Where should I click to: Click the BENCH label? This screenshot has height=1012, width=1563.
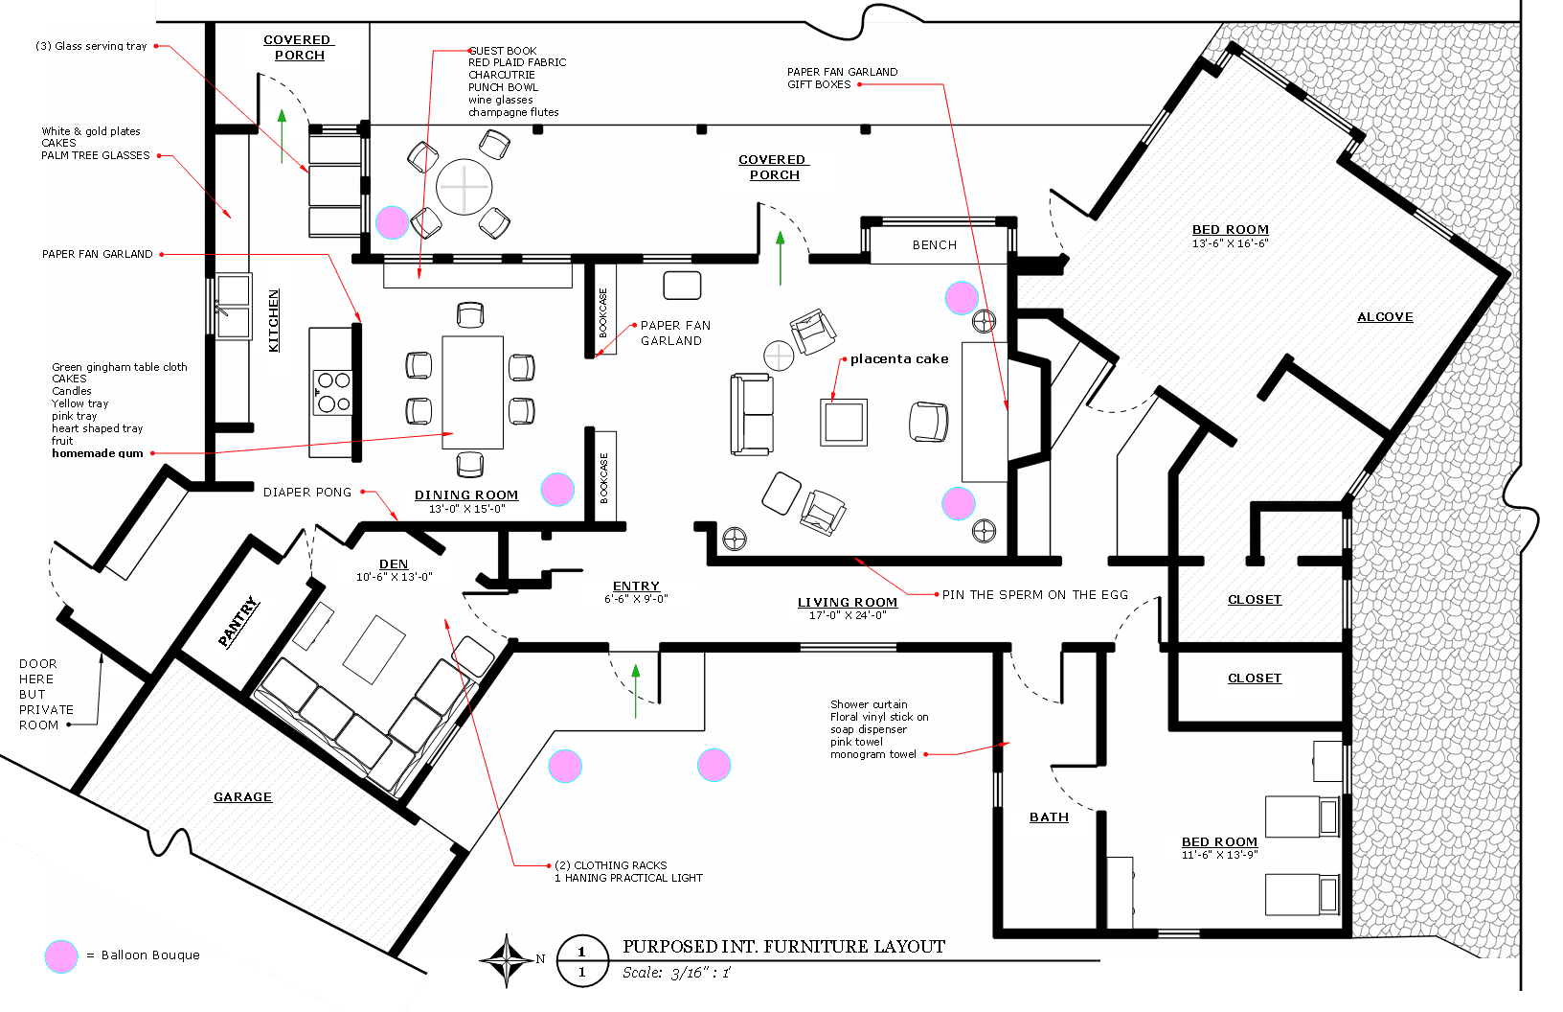click(x=934, y=245)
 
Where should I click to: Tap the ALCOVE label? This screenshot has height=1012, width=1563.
click(x=1385, y=317)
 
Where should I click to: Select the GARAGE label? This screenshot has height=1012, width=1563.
click(x=242, y=797)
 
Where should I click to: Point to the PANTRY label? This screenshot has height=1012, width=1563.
click(x=238, y=622)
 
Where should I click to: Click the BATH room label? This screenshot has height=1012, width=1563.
click(x=1049, y=817)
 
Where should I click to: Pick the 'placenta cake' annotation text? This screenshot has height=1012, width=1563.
click(x=899, y=359)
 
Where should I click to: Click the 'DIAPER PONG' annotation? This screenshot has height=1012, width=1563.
click(x=307, y=493)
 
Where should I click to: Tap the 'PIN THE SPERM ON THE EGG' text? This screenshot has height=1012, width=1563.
click(x=1034, y=595)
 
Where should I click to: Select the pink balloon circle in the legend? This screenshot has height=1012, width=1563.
click(x=61, y=956)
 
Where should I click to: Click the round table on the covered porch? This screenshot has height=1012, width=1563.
click(x=464, y=187)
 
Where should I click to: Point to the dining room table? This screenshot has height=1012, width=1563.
click(x=472, y=392)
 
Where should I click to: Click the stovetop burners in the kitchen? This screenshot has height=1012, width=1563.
click(x=333, y=392)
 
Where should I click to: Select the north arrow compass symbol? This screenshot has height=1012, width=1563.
click(x=507, y=959)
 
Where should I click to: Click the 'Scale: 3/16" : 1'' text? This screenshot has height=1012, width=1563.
click(x=676, y=973)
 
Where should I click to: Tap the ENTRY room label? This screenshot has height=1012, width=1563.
click(x=636, y=586)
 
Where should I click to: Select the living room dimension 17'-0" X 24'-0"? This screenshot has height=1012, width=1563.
click(x=848, y=615)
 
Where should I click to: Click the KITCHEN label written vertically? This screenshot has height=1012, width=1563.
click(x=274, y=320)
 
